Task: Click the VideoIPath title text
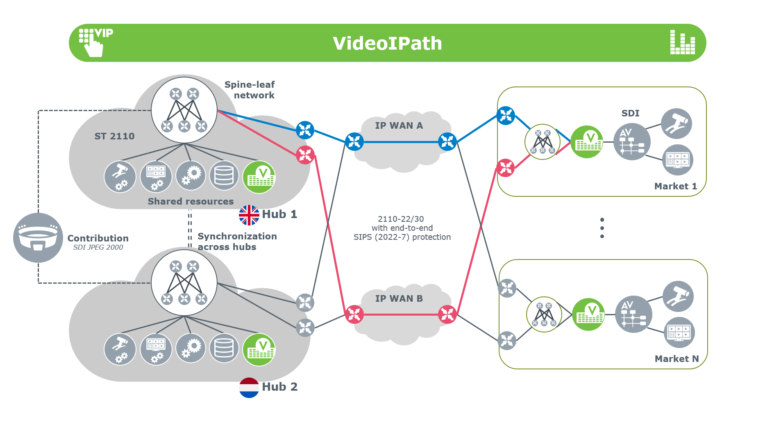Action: (387, 43)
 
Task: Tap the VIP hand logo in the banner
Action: (95, 43)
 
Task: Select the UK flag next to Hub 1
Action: (249, 215)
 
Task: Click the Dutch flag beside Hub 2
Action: (249, 387)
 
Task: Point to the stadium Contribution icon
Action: (38, 238)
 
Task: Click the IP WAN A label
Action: (399, 126)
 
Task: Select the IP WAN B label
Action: (399, 298)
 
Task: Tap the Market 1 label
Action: (675, 186)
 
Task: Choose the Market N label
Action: (677, 359)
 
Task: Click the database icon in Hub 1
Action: (224, 176)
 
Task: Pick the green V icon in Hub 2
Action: (259, 350)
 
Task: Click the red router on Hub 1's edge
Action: (305, 155)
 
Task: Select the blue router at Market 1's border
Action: (506, 116)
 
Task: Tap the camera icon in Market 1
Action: (677, 123)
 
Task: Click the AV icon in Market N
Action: (633, 314)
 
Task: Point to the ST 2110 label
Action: (114, 136)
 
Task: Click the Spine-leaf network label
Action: (250, 90)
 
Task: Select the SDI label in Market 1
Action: (630, 113)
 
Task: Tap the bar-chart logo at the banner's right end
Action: (682, 42)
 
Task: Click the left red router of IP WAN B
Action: (354, 314)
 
